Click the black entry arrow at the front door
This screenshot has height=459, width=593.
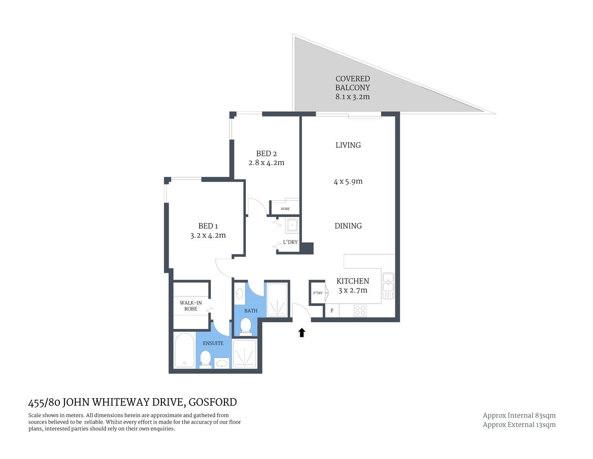(x=302, y=332)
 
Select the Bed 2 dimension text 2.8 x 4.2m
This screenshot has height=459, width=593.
(x=266, y=163)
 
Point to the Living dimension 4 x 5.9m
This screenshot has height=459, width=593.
(x=348, y=182)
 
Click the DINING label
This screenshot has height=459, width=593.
(x=348, y=226)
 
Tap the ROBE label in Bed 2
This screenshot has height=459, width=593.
(x=285, y=209)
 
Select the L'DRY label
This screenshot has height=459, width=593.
(x=290, y=242)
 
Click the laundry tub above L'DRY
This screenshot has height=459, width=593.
(x=292, y=225)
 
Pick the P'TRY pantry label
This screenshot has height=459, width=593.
(x=318, y=293)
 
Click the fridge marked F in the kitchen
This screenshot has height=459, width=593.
(x=332, y=311)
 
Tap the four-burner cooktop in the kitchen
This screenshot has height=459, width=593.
(x=360, y=310)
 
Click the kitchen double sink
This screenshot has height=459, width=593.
(x=388, y=285)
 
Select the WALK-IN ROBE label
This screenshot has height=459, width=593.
(x=191, y=306)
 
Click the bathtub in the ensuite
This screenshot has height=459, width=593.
(x=184, y=350)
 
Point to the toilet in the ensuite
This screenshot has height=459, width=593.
(x=205, y=359)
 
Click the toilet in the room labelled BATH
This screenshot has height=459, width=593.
(x=245, y=326)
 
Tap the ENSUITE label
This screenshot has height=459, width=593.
(x=213, y=343)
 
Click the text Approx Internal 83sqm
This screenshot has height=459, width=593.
(x=519, y=415)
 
